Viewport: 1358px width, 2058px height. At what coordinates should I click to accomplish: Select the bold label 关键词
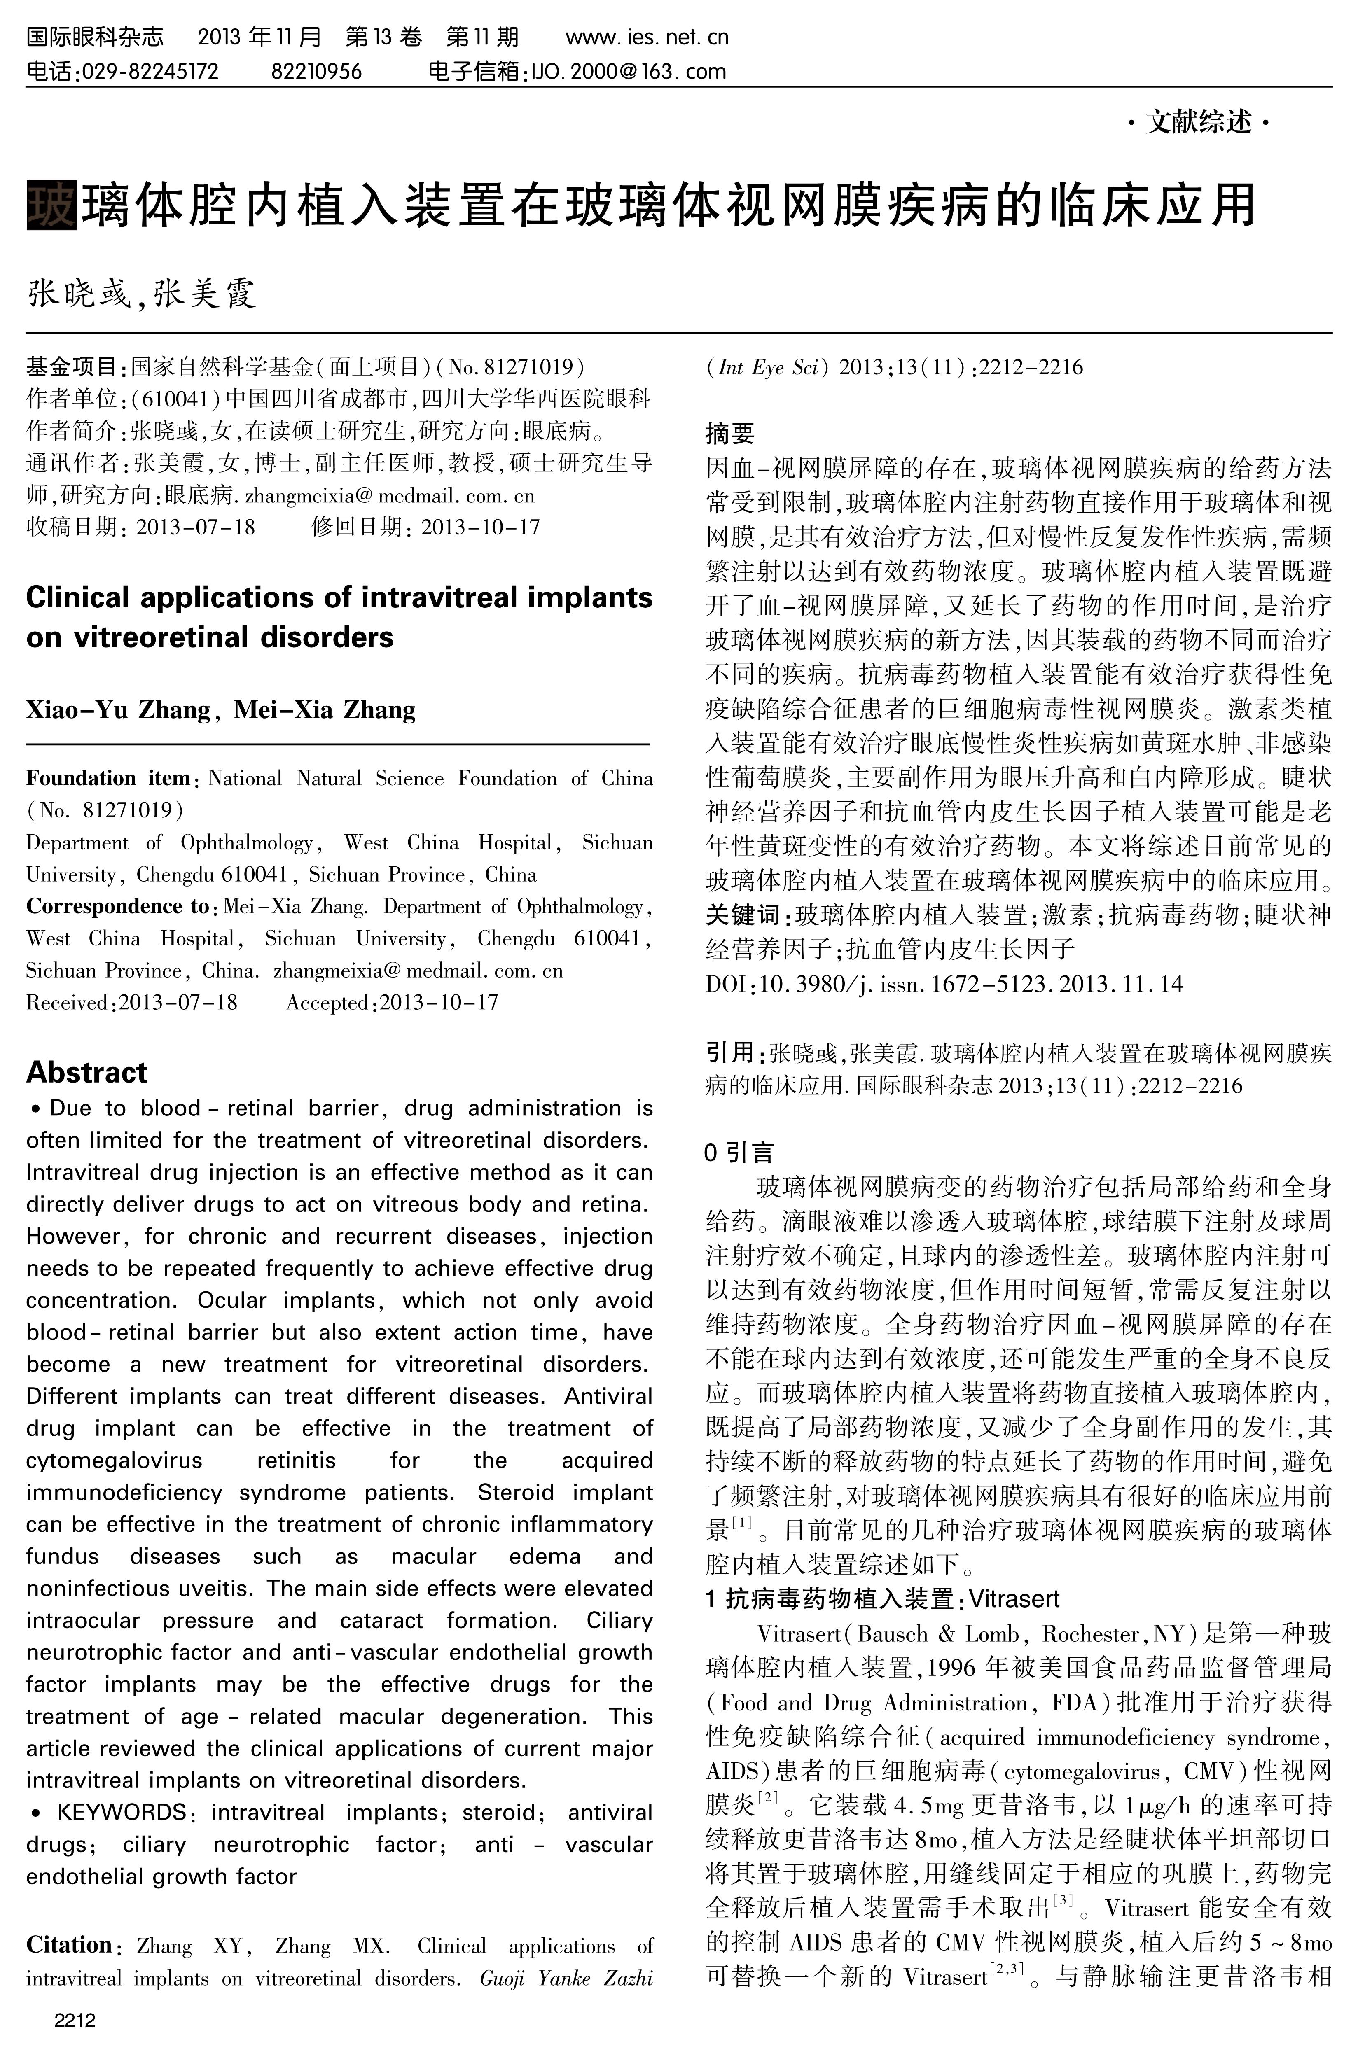[x=742, y=915]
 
